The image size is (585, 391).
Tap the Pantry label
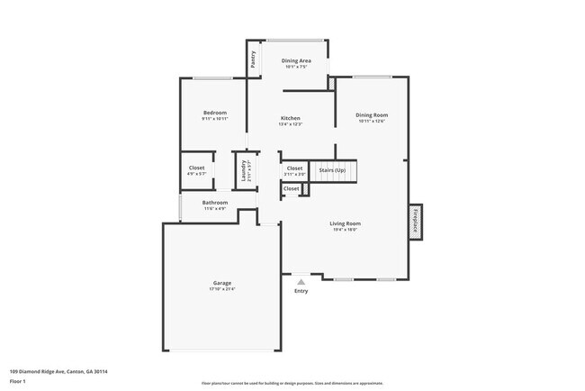(x=254, y=59)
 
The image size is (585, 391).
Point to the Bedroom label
(x=214, y=113)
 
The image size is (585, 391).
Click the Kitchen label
(x=290, y=118)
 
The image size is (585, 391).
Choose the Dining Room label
(x=371, y=114)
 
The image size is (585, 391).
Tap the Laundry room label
(x=242, y=168)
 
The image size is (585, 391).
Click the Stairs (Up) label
(x=334, y=168)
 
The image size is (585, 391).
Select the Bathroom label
(x=214, y=203)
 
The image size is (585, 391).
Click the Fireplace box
(x=416, y=221)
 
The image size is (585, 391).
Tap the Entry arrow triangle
(x=301, y=281)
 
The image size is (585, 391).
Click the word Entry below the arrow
(x=301, y=291)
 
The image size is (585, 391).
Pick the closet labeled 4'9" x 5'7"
(x=196, y=173)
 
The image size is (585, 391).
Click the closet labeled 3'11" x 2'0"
(x=294, y=173)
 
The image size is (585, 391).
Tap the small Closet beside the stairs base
(x=291, y=189)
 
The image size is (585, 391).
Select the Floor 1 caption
(x=18, y=381)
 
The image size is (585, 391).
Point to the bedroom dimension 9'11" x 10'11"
(x=214, y=119)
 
